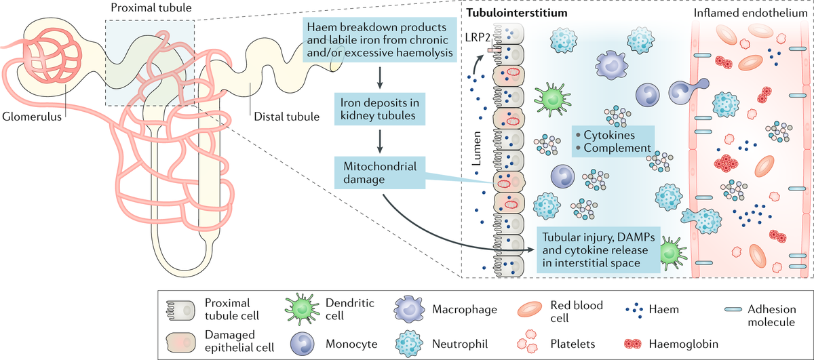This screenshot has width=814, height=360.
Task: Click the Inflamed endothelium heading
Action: tap(751, 13)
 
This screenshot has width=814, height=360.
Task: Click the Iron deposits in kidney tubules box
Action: tap(381, 108)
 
